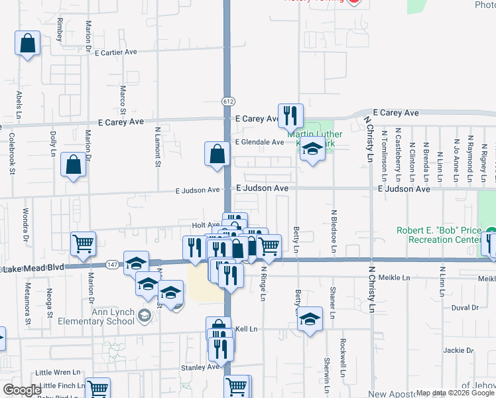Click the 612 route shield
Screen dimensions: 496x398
[227, 101]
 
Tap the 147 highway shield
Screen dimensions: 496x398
[112, 264]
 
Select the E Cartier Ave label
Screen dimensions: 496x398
[125, 52]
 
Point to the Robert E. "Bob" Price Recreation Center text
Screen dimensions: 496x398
[439, 235]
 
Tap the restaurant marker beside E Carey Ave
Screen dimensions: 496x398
[290, 116]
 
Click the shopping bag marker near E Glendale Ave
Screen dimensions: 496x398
[217, 155]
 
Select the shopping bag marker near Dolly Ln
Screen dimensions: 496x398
[73, 165]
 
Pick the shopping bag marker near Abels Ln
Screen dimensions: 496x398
[27, 44]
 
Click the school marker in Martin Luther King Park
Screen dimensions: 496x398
[312, 151]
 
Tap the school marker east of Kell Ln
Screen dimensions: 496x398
[310, 320]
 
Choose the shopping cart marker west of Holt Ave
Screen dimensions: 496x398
[83, 243]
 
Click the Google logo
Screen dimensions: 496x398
[22, 390]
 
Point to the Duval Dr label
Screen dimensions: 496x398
[464, 308]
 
